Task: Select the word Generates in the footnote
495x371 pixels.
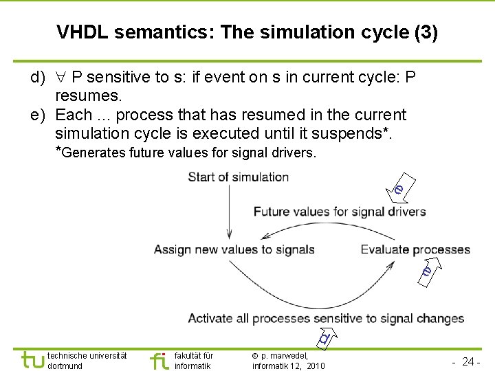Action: click(x=93, y=153)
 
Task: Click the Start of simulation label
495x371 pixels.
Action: click(x=238, y=177)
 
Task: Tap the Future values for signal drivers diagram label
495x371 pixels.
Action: click(x=340, y=212)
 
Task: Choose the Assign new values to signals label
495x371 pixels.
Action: click(x=234, y=249)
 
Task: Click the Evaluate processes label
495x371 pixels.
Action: click(x=415, y=249)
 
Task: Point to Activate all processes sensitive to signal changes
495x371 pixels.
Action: click(x=326, y=318)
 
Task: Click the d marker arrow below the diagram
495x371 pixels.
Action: click(x=324, y=337)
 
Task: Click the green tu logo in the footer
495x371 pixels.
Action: click(x=32, y=360)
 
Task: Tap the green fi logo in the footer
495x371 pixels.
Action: click(x=159, y=360)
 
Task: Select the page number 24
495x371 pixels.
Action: click(x=470, y=361)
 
